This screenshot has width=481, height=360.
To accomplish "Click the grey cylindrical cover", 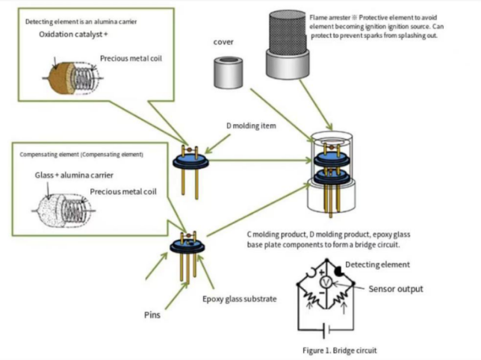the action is [229, 72].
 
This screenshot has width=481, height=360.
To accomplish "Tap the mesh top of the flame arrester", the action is [288, 33].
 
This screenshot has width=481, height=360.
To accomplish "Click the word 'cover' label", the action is [223, 42].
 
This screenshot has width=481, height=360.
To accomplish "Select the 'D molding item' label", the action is [251, 125].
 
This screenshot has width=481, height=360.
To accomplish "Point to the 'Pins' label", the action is [152, 315].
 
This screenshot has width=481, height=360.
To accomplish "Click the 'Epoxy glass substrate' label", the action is [239, 299].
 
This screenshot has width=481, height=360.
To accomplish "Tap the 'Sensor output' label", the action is [396, 289].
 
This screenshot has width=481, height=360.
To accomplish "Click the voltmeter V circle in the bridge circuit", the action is [325, 282].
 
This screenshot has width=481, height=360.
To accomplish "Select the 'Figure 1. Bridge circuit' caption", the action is [340, 350].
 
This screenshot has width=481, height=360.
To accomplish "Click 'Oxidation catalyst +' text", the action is [73, 34].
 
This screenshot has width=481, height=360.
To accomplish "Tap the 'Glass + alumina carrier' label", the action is [74, 176].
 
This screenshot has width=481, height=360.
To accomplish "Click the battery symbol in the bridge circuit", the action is [326, 330].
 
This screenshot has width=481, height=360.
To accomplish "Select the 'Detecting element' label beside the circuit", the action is [378, 264].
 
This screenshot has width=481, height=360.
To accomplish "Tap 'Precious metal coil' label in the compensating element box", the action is [123, 192].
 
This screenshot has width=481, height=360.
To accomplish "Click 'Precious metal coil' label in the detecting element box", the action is [131, 58].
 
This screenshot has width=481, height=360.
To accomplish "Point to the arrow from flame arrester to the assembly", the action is [316, 105].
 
